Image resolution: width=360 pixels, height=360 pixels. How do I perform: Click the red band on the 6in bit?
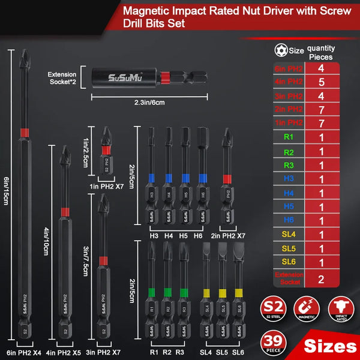(x=23, y=130)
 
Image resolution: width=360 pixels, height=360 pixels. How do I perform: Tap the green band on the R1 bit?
(x=151, y=292)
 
